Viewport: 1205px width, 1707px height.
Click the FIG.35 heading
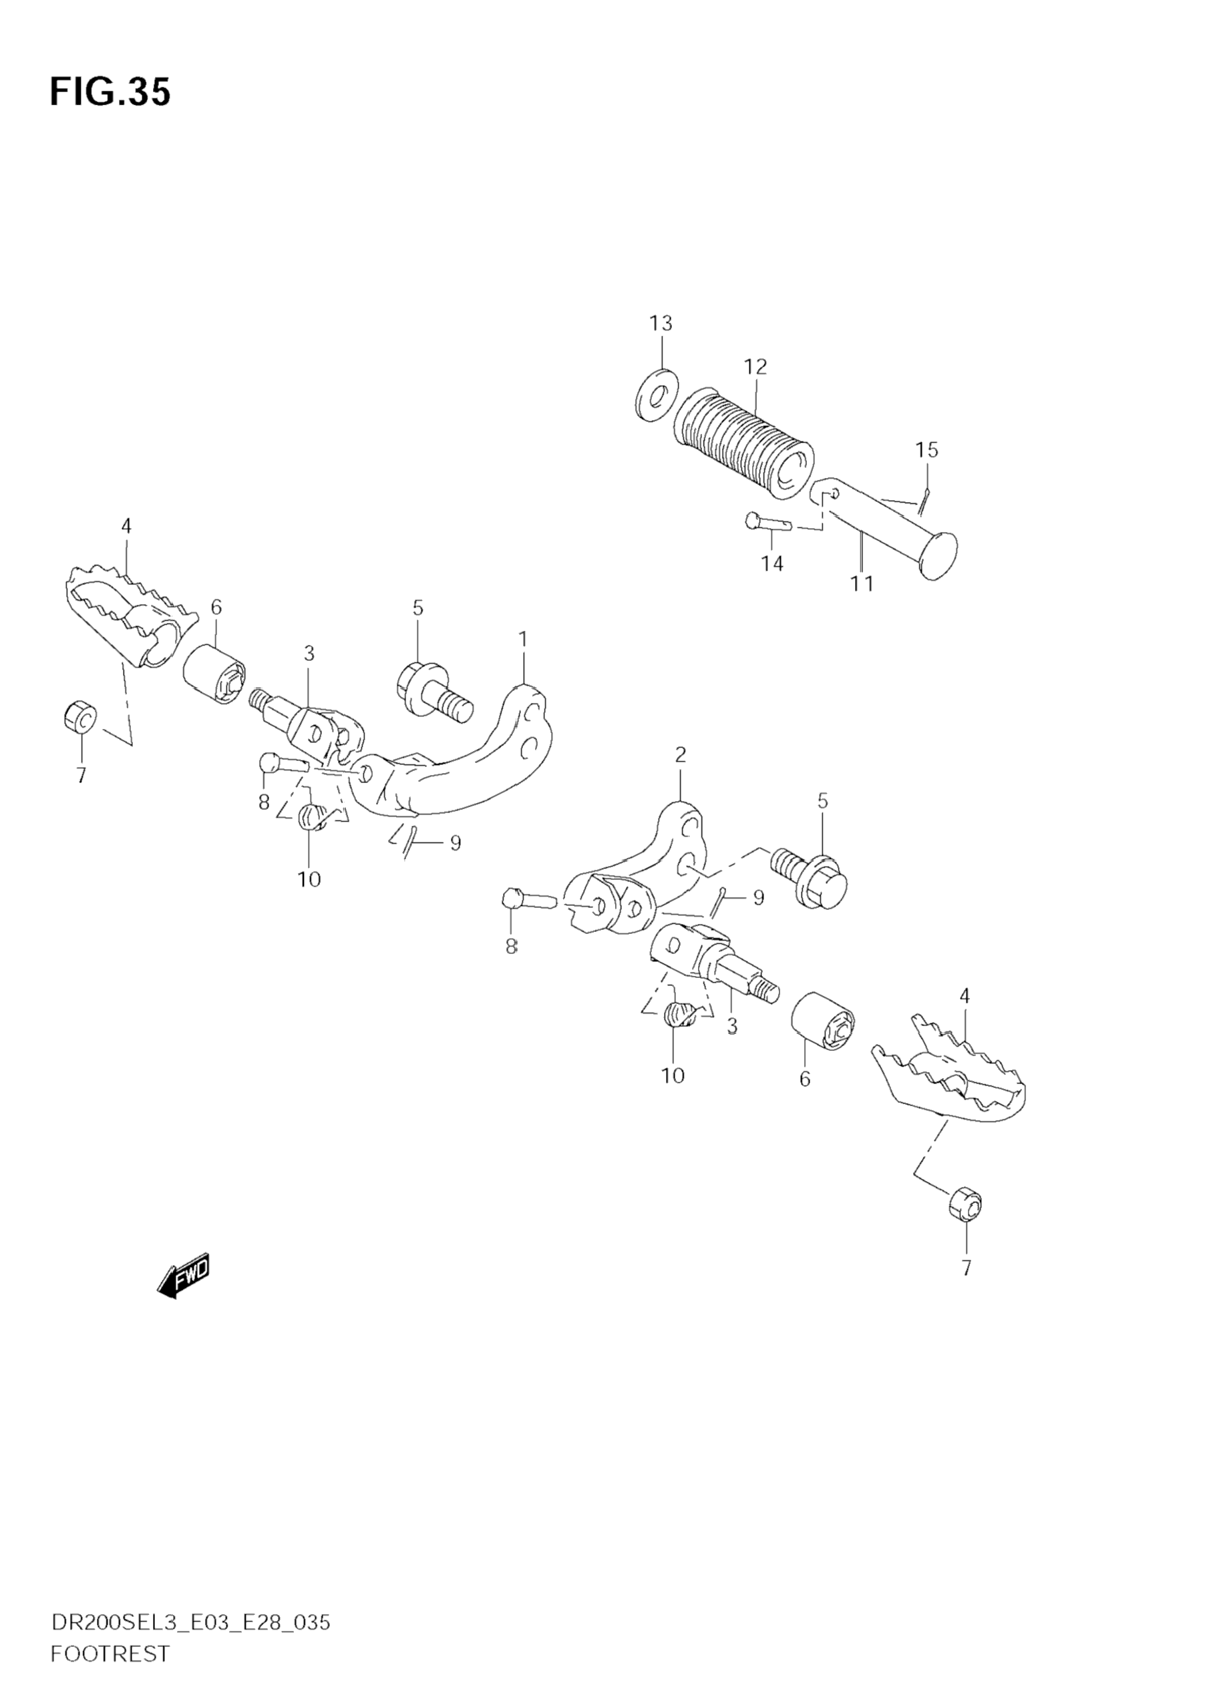[x=110, y=92]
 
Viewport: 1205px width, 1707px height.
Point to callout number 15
[x=927, y=450]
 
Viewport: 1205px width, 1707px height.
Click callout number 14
[x=772, y=563]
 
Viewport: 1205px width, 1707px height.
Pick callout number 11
[x=862, y=583]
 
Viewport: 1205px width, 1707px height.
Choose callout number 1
[x=523, y=639]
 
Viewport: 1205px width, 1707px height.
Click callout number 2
[x=680, y=754]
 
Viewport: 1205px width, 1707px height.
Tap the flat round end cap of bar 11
[x=939, y=555]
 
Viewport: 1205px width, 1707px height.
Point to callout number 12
[x=755, y=367]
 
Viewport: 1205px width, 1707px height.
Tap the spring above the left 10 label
[x=313, y=816]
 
